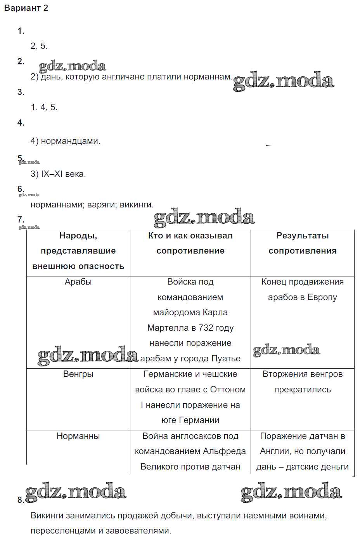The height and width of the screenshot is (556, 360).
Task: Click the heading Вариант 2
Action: (x=26, y=8)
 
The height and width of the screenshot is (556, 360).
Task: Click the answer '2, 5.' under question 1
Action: (x=39, y=46)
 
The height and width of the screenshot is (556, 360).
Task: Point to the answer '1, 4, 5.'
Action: (x=44, y=107)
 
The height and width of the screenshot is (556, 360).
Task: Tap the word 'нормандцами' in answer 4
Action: (x=70, y=141)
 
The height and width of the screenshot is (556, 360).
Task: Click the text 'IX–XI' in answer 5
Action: (x=52, y=174)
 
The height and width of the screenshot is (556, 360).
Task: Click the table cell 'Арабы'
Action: (x=78, y=282)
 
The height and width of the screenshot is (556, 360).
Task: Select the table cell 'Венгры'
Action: (x=78, y=374)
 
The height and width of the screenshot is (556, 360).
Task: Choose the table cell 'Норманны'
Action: (x=78, y=436)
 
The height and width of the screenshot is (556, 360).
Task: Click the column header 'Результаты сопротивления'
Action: (x=302, y=243)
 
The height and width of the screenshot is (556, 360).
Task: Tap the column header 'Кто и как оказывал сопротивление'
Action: (x=190, y=243)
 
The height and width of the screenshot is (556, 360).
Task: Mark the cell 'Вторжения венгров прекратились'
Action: (x=302, y=382)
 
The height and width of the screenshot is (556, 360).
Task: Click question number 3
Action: (x=21, y=92)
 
